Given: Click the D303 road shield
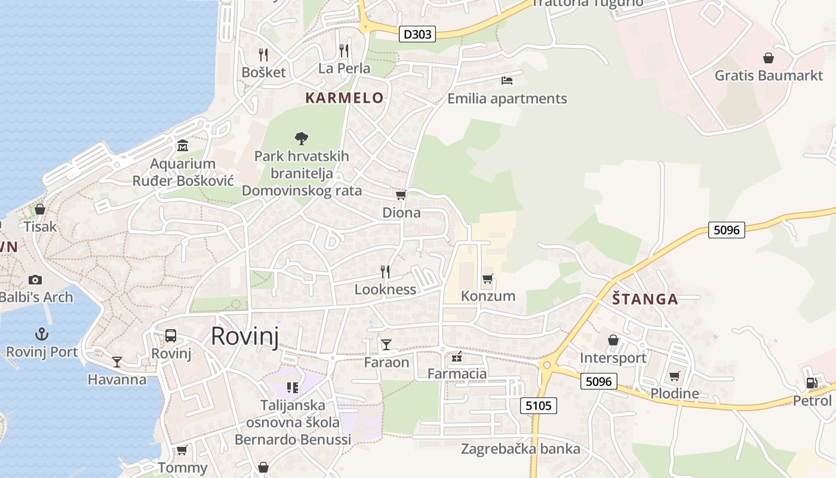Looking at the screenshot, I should point(417,34).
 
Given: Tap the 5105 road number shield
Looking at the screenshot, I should point(538,406).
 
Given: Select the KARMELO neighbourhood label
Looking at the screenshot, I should point(345,98).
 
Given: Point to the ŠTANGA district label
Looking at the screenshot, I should point(646,299).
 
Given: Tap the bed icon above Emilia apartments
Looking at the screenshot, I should point(507,80).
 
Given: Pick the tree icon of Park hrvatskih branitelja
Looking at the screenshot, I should point(302,139).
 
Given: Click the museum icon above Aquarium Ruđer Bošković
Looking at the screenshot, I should point(183,145).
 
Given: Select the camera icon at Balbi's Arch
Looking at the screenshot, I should point(35,280).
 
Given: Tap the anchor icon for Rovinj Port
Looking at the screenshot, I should point(42,333).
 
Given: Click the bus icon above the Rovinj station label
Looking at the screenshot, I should point(171,335).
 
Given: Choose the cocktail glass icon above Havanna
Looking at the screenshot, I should point(117,361).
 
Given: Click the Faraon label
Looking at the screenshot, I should point(386,362).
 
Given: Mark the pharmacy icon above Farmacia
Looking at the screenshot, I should point(457,357).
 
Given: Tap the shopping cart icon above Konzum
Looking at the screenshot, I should point(488,278).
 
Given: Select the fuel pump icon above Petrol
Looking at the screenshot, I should point(812,383).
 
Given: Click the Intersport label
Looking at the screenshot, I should point(613,358).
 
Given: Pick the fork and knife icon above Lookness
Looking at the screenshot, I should point(385,272).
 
